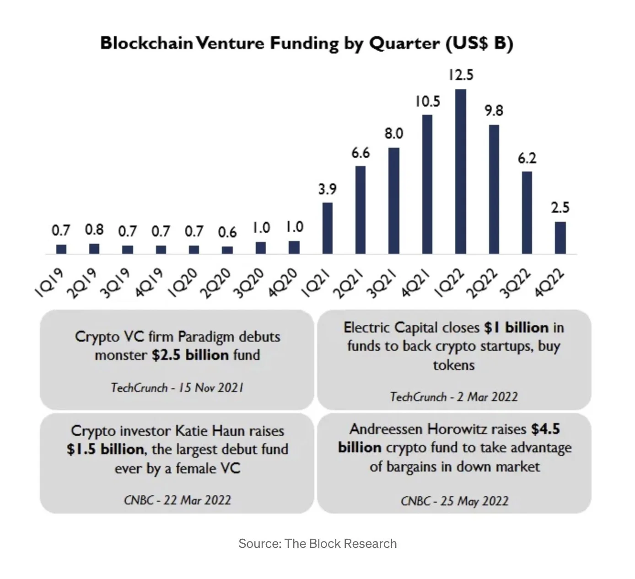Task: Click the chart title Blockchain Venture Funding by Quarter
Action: click(x=306, y=43)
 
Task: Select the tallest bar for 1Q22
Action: click(x=460, y=171)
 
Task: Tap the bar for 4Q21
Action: click(x=427, y=184)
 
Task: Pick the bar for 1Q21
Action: click(x=328, y=228)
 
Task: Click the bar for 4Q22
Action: click(x=560, y=237)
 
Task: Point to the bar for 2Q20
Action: click(x=227, y=250)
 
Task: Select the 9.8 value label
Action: click(x=494, y=111)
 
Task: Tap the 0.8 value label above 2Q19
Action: click(x=94, y=230)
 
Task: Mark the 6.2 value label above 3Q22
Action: click(x=527, y=158)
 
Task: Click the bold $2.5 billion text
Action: click(x=190, y=355)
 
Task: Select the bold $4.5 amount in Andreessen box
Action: click(x=545, y=429)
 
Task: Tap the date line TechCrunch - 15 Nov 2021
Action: click(x=177, y=388)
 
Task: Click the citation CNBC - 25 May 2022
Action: click(x=454, y=501)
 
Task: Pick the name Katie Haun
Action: click(x=215, y=431)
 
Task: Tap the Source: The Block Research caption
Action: click(x=317, y=543)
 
